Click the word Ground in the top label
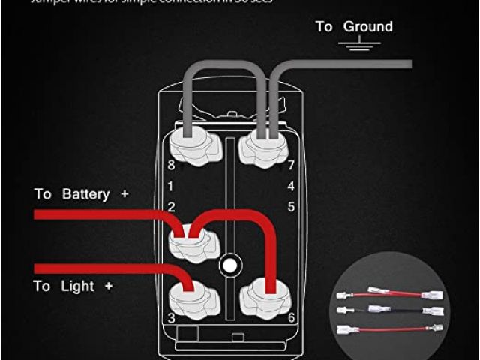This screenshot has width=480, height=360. [367, 26]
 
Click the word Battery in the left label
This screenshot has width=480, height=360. [85, 194]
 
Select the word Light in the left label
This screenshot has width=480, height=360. [77, 286]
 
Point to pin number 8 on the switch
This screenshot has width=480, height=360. [171, 165]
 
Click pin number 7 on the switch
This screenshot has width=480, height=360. [290, 165]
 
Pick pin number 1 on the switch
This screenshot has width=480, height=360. [171, 185]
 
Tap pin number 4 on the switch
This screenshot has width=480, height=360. [290, 185]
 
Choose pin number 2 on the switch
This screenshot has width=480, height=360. [171, 206]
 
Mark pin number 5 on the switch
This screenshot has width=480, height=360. [290, 206]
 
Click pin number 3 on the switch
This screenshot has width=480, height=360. [171, 318]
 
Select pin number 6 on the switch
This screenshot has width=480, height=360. [290, 318]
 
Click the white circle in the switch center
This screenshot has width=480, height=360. [230, 265]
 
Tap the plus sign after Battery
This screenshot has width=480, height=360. [124, 194]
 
